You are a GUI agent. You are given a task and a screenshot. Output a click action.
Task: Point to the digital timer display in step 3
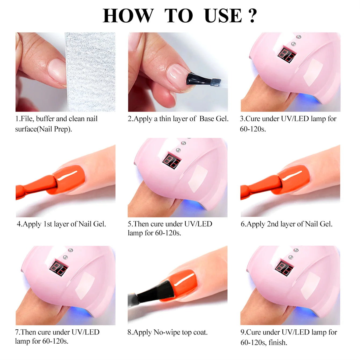click(287, 55)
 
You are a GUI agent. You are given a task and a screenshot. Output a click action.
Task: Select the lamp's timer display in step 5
click(171, 161)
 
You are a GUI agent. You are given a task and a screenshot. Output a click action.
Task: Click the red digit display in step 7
click(59, 268)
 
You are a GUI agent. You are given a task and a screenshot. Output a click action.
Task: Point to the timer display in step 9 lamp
click(284, 268)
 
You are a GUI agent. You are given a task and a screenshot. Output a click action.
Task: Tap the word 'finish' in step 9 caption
click(277, 343)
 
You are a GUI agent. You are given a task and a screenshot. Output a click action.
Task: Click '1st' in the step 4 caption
click(48, 224)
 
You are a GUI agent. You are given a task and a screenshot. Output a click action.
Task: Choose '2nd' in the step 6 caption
click(272, 224)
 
